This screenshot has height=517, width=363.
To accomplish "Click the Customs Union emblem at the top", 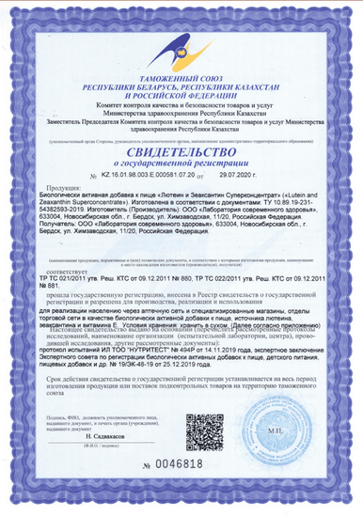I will click(182, 39).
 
